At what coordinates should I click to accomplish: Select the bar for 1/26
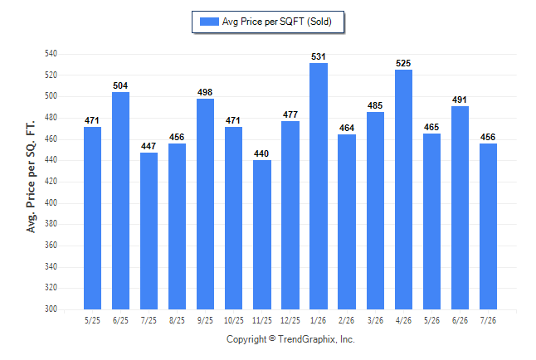tap(319, 187)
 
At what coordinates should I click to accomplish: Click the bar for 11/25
tap(262, 235)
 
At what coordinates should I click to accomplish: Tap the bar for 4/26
tap(403, 190)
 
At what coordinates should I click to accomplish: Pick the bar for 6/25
tap(120, 201)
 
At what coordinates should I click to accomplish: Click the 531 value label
tap(319, 56)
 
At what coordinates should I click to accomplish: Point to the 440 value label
tap(261, 153)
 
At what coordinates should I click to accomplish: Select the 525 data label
tap(403, 63)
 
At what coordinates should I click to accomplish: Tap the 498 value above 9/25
tap(205, 92)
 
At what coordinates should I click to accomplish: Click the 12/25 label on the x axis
tap(290, 321)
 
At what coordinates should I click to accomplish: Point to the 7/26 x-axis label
tap(488, 321)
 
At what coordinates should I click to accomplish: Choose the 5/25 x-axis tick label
tap(92, 321)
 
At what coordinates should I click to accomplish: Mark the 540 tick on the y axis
tap(51, 54)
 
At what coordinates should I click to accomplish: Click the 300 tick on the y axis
tap(51, 309)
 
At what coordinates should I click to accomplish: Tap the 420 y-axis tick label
tap(51, 181)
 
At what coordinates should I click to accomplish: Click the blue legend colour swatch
tap(209, 22)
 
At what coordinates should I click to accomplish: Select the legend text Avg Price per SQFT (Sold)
tap(277, 22)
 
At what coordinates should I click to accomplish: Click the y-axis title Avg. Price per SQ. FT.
tap(31, 177)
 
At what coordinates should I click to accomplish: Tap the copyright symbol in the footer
tap(272, 338)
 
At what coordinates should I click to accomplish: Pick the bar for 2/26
tap(347, 221)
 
